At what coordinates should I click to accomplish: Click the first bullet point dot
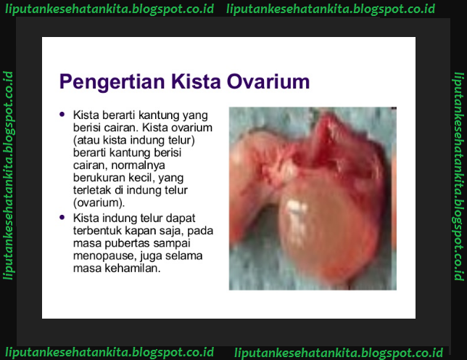pyautogui.click(x=62, y=115)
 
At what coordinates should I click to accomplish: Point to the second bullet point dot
pyautogui.click(x=62, y=217)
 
